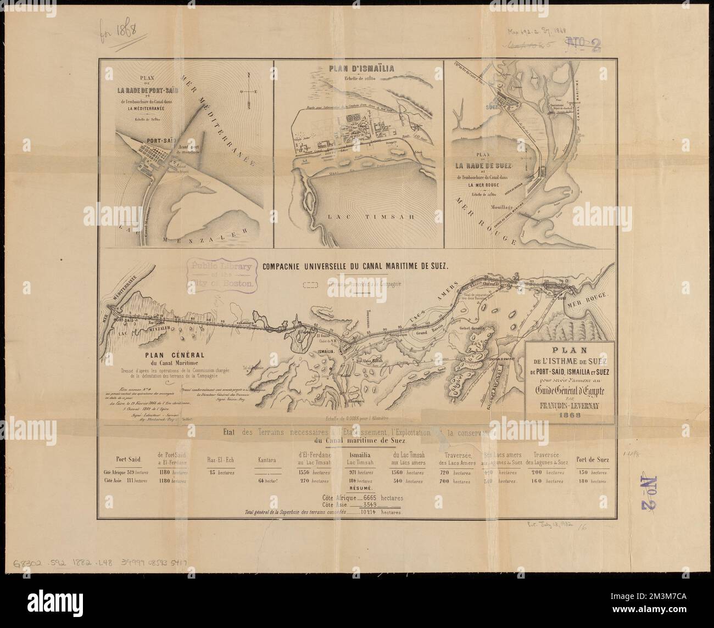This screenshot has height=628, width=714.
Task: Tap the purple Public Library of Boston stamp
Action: coord(222,274)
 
